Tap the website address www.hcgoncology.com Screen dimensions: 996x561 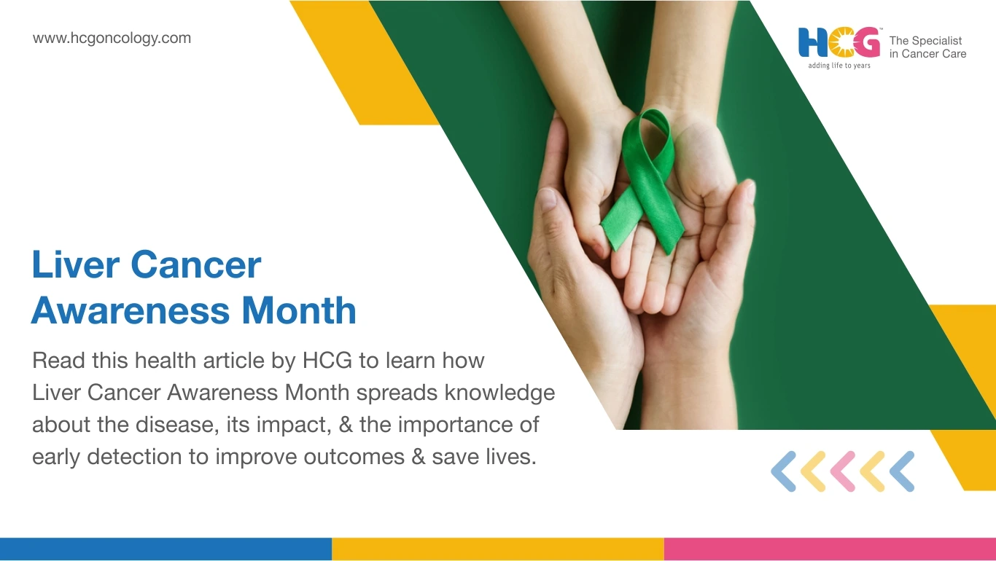(112, 38)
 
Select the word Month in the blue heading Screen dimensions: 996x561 (299, 310)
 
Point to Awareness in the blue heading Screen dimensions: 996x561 (131, 310)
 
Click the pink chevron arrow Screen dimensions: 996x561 (843, 471)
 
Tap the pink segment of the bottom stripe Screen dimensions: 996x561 (830, 549)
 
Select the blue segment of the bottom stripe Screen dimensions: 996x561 (166, 549)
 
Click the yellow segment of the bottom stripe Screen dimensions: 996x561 (497, 549)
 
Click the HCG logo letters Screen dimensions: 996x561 (839, 43)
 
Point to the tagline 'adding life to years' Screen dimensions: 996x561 (839, 66)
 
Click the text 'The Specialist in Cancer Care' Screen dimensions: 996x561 (927, 47)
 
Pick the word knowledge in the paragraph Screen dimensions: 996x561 (499, 393)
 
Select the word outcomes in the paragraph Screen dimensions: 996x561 (354, 457)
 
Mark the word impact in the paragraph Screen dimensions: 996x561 (294, 425)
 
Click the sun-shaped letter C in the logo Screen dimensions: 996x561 (841, 43)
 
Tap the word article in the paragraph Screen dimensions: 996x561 (233, 360)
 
